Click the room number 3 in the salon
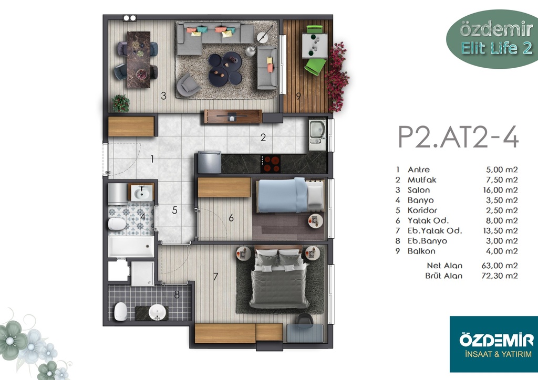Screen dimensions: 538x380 (164, 96)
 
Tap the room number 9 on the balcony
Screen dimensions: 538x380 (298, 97)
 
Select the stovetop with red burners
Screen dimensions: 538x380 (271, 164)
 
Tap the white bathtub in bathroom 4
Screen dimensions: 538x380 (131, 246)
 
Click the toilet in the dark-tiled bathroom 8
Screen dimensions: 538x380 (120, 311)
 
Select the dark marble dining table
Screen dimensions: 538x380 (139, 60)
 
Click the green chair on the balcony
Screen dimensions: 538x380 (315, 66)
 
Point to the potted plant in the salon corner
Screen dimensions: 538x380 (121, 103)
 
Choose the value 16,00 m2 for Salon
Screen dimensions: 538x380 (500, 190)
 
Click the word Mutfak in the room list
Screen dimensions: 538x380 (422, 180)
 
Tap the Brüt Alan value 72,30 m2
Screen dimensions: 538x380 (499, 276)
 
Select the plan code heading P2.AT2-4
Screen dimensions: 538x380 (458, 136)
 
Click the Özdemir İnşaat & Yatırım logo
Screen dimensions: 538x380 (494, 344)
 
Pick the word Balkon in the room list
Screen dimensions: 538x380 (421, 251)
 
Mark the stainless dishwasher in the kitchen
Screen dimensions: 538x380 (209, 162)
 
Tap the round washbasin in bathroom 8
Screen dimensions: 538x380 (157, 312)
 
